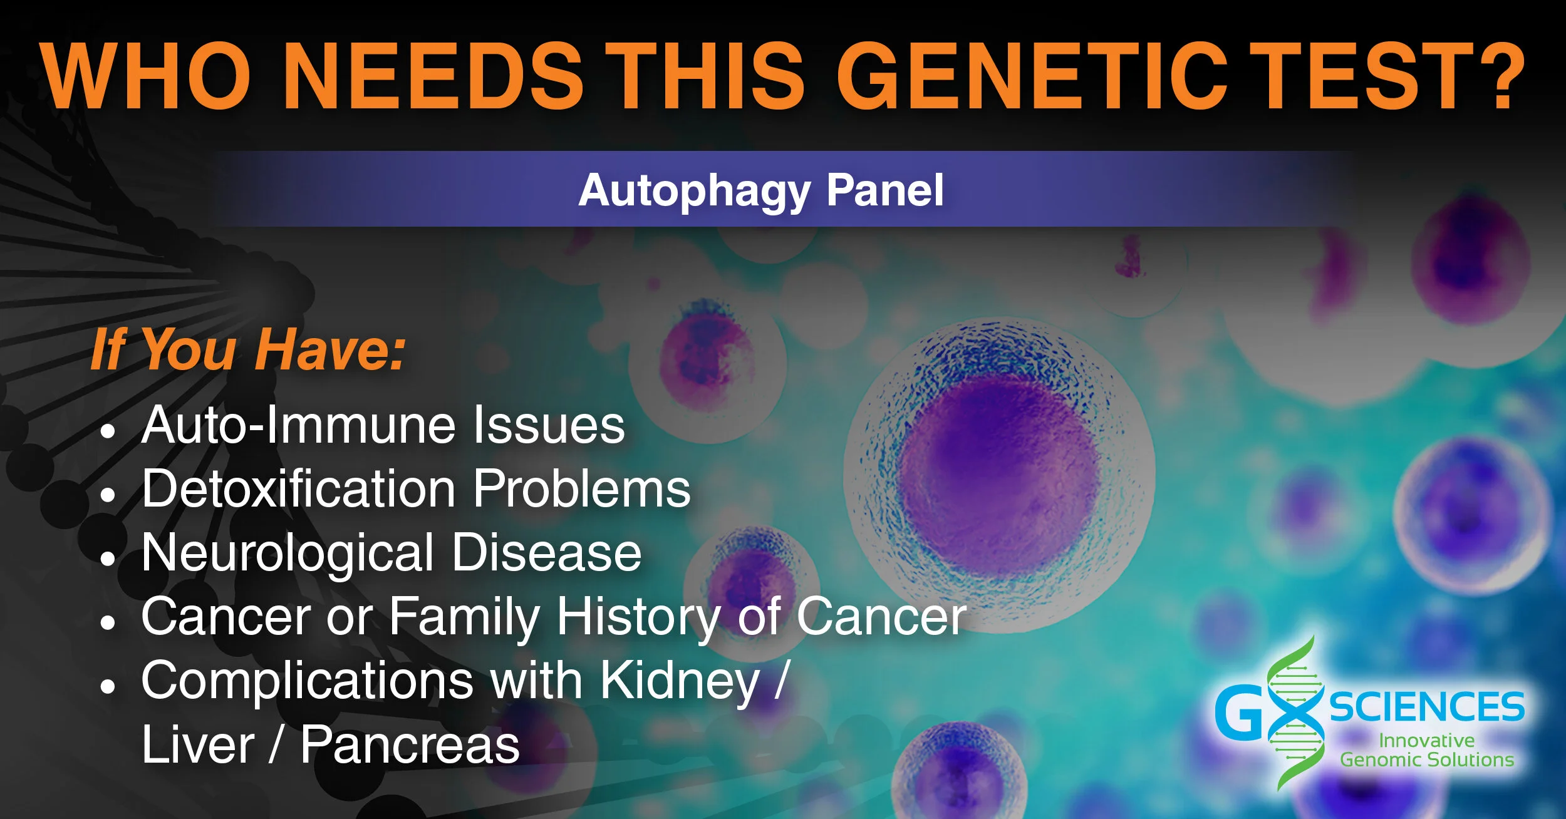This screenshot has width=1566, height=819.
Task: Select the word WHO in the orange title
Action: [x=146, y=76]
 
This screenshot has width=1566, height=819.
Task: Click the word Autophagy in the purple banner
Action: [x=694, y=191]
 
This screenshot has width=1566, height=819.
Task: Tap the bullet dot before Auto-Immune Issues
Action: [x=108, y=431]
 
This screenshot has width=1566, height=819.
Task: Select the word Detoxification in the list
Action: [x=299, y=488]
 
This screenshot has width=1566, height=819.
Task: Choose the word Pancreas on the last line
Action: [x=410, y=745]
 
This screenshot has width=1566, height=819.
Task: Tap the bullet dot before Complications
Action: [x=108, y=686]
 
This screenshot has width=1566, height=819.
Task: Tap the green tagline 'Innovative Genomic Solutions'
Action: [x=1427, y=750]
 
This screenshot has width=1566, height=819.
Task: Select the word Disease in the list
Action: [x=546, y=553]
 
